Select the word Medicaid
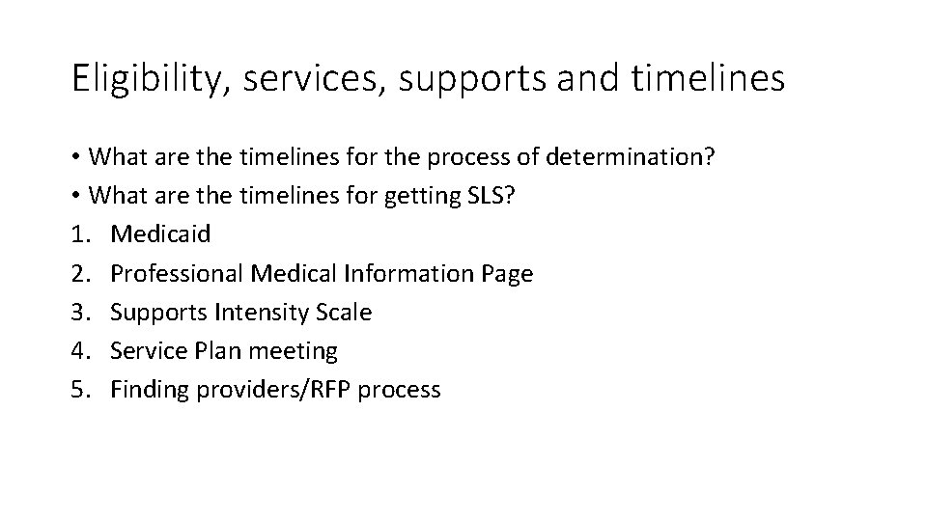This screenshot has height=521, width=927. tap(160, 235)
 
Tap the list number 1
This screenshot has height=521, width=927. tap(78, 235)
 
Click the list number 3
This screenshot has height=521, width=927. tap(78, 313)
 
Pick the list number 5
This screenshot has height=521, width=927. tap(78, 390)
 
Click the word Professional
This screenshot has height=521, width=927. tap(177, 274)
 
